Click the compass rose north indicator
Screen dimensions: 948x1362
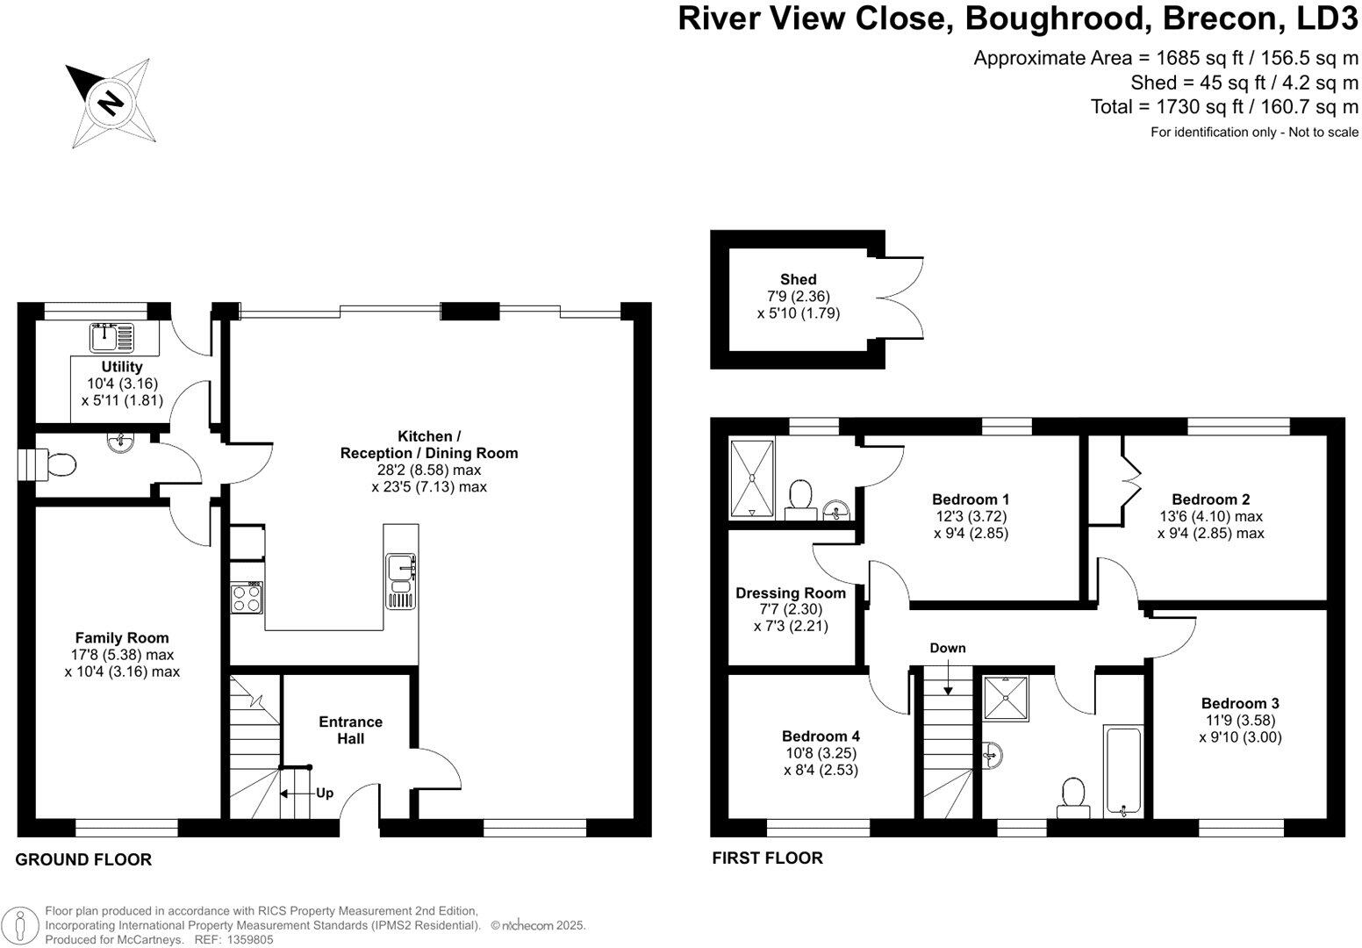(111, 103)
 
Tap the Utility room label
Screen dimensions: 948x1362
(121, 367)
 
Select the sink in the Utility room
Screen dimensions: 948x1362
(112, 336)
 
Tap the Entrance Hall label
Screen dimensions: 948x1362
(350, 730)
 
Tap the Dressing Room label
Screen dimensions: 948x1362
(791, 593)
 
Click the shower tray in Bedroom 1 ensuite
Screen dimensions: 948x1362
(753, 479)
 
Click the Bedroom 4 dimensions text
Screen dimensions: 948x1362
(821, 762)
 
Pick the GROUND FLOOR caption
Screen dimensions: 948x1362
(83, 860)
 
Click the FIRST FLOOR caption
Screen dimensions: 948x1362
(767, 858)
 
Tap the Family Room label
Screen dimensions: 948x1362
(122, 638)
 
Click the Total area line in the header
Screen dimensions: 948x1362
(1224, 107)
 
